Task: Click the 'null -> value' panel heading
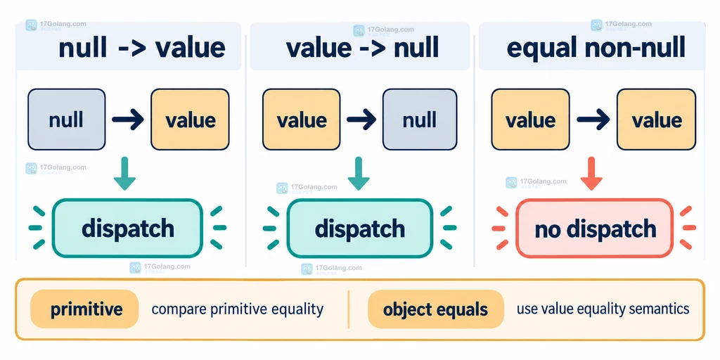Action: tap(142, 49)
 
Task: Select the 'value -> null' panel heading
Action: tap(362, 49)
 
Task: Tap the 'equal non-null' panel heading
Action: tap(596, 49)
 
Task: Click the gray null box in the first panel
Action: tap(67, 120)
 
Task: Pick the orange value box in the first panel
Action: tap(190, 120)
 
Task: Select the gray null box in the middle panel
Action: tap(420, 120)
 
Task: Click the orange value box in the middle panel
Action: tap(301, 120)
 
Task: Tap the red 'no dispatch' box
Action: tap(595, 229)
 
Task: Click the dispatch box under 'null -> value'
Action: tap(128, 229)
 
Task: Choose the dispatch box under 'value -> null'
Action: tap(359, 229)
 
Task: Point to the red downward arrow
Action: tap(591, 173)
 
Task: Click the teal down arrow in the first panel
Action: tap(124, 173)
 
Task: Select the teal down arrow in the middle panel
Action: tap(358, 173)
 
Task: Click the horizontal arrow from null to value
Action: tap(128, 120)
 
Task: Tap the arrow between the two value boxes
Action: tap(593, 120)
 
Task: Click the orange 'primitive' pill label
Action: tap(84, 309)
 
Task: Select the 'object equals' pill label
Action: tap(436, 309)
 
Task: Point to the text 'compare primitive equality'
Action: tap(238, 309)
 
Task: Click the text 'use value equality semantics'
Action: tap(603, 309)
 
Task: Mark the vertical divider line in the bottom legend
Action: tap(349, 309)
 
